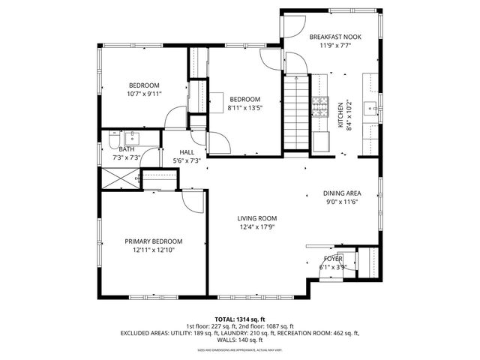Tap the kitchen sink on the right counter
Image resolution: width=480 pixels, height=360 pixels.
click(x=371, y=109)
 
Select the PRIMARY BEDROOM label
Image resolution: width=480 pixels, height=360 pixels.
click(x=153, y=241)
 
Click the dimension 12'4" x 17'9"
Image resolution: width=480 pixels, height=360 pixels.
click(x=257, y=228)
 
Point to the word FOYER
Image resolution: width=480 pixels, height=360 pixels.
click(x=332, y=259)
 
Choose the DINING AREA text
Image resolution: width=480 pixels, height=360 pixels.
click(x=342, y=193)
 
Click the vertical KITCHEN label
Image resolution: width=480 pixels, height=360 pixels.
click(x=340, y=115)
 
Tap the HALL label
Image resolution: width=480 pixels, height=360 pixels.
click(x=177, y=151)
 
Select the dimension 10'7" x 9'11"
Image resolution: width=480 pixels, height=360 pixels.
click(x=145, y=94)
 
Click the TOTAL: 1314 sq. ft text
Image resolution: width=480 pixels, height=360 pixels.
click(x=239, y=319)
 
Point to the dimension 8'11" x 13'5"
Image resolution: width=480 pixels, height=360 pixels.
click(x=244, y=108)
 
